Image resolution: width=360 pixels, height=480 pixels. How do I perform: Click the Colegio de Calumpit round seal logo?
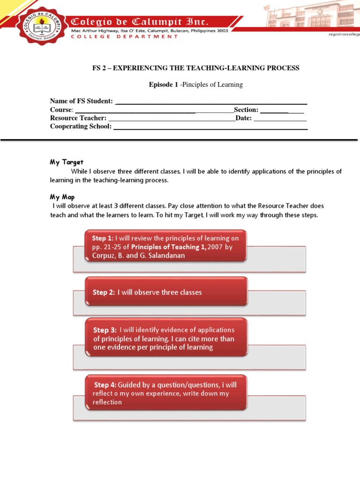(40, 28)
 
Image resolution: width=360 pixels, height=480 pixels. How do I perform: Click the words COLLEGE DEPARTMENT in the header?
(125, 37)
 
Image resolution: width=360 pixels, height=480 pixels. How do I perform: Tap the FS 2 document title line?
(195, 68)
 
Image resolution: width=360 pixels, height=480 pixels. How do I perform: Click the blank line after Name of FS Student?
(211, 102)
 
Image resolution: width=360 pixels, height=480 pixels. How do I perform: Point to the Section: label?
(246, 110)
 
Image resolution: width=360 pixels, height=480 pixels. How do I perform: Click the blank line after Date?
(280, 119)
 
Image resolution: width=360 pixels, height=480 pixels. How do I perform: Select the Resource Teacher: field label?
(78, 118)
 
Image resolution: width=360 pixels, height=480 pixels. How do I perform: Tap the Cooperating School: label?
(81, 127)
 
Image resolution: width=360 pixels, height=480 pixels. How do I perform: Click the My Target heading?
(67, 162)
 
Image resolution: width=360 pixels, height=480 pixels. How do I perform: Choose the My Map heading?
(62, 197)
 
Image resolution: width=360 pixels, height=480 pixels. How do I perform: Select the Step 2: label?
(104, 292)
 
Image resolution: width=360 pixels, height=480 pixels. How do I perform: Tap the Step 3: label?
(105, 330)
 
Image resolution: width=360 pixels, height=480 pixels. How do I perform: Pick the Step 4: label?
(105, 385)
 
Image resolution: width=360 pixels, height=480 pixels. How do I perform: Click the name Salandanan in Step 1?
(164, 255)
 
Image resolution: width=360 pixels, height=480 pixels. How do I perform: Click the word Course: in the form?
(62, 110)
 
